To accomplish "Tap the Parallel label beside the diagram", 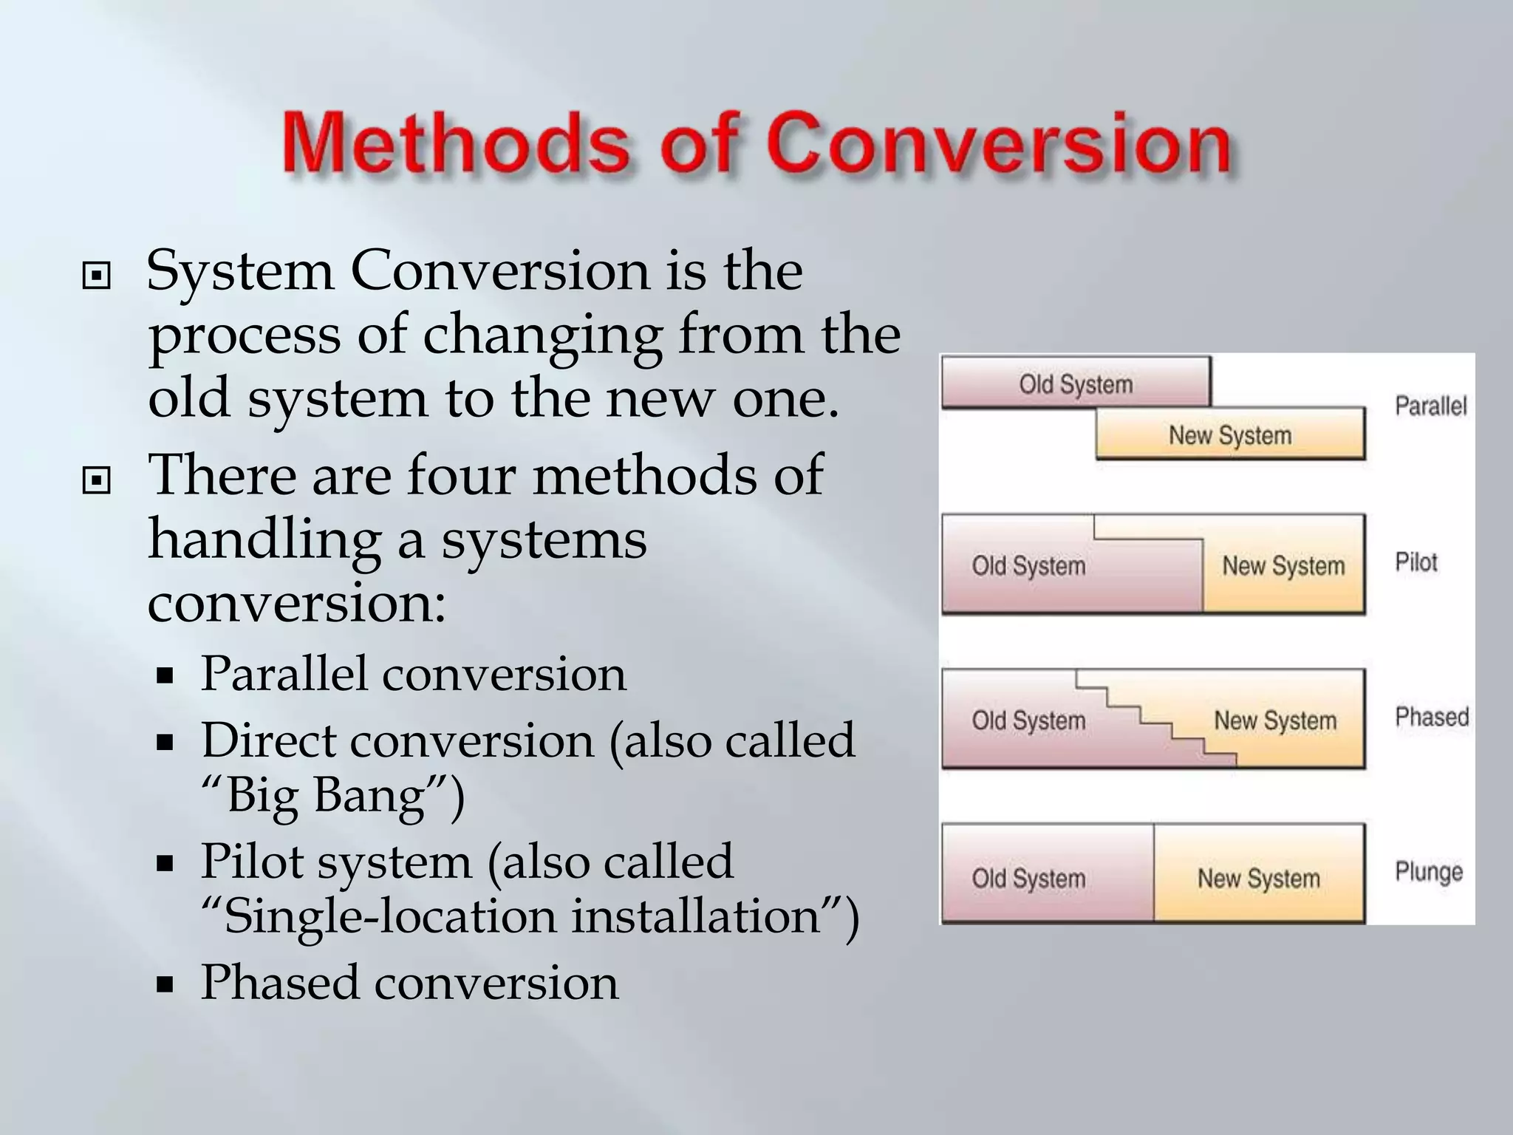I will click(1430, 406).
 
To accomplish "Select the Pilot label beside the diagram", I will click(1415, 562).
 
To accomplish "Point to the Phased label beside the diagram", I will click(1431, 717).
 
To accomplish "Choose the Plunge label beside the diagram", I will click(1428, 872).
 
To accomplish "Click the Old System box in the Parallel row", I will click(1076, 384).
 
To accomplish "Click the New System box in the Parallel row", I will click(1230, 435).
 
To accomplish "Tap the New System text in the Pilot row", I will click(1283, 566).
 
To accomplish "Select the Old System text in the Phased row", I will click(1028, 720).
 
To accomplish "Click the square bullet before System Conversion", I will click(97, 277).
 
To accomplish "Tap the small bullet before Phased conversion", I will click(165, 984).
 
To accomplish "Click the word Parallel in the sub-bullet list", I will click(284, 674).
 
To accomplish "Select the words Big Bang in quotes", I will click(326, 797).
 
